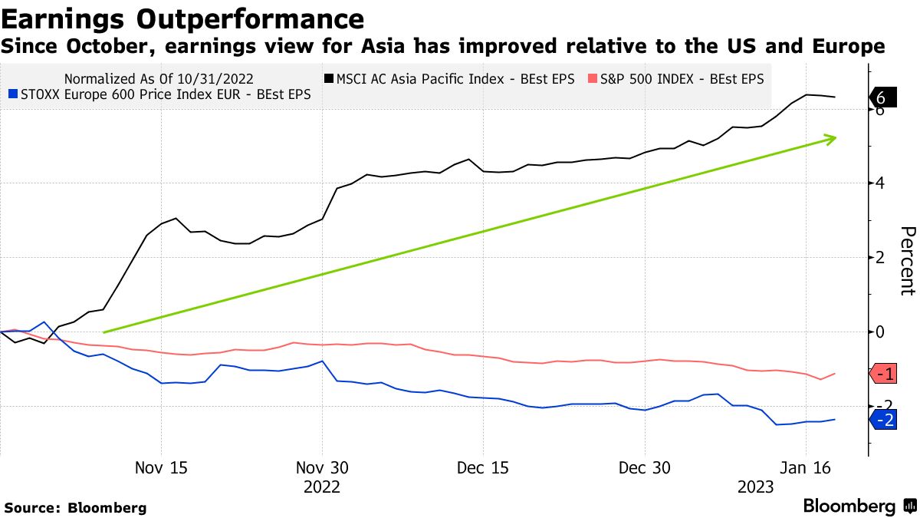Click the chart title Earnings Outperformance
point(182,18)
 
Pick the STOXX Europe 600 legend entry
point(164,96)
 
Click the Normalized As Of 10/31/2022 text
point(159,79)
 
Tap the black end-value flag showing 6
point(881,97)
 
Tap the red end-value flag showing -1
point(881,374)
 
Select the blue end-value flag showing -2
point(881,419)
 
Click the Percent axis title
point(907,261)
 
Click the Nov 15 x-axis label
point(161,468)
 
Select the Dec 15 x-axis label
point(483,468)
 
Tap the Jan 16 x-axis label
point(806,468)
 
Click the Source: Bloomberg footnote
point(75,507)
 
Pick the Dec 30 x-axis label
point(645,468)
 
